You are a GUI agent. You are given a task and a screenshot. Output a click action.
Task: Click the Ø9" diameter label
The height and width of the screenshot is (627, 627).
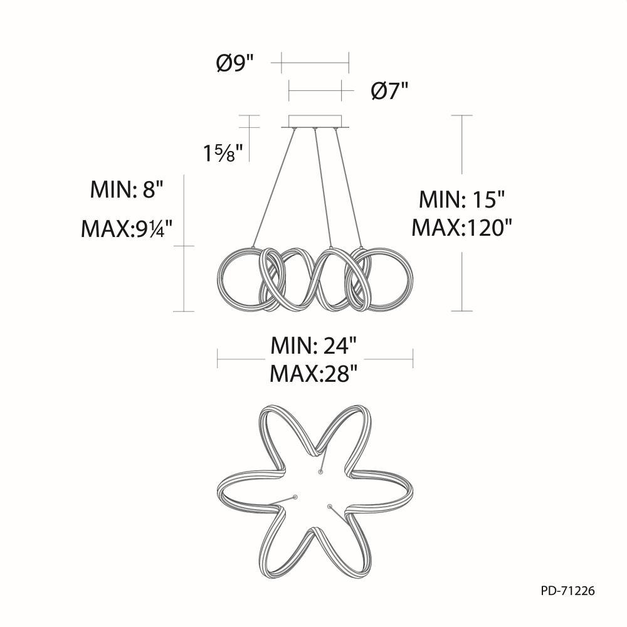pos(235,63)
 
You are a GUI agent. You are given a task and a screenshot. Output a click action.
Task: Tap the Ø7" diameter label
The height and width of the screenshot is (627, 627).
pos(389,92)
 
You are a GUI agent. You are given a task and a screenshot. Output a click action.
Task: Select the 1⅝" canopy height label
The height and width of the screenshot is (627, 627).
pos(223,153)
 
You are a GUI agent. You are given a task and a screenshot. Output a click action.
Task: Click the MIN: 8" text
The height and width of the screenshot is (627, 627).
pos(127,189)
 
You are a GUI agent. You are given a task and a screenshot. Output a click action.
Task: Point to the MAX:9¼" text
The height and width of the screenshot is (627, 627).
pos(127,229)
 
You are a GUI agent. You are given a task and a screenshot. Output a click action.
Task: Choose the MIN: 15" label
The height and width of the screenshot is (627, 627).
pos(462,199)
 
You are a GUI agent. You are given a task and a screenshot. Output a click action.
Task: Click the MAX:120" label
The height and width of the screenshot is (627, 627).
pos(462,228)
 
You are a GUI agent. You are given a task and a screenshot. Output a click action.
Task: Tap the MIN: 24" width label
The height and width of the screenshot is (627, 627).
pos(313,345)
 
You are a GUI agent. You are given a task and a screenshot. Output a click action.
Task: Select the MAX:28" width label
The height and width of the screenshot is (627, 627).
pos(313,374)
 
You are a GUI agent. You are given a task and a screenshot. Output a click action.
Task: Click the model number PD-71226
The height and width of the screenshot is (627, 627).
pos(568,591)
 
